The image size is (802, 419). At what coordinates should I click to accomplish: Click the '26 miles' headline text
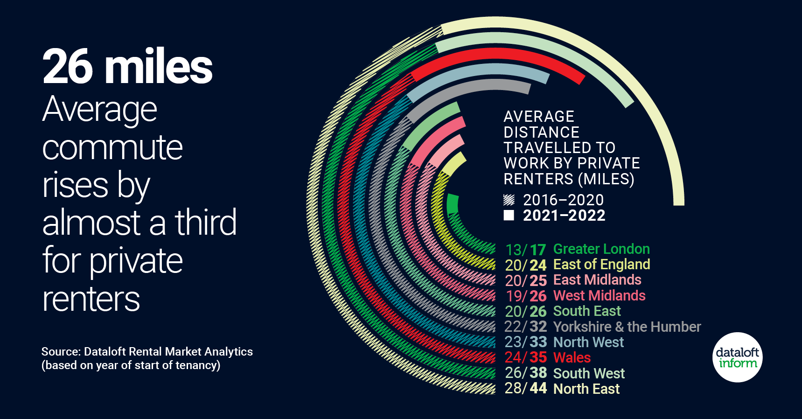pos(127,67)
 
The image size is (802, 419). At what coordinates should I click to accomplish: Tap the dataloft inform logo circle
pos(737,357)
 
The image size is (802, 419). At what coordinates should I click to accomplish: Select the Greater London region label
pos(601,249)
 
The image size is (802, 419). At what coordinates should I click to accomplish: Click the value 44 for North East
pos(538,388)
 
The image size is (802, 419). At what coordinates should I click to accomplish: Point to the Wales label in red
pos(572,358)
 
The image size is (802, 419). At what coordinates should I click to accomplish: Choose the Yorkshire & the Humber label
pos(627,327)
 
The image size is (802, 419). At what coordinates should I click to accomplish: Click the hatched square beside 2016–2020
pos(509,200)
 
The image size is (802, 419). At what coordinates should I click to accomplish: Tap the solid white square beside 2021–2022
pos(509,215)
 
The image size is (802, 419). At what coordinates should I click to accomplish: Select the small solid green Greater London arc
pos(452,204)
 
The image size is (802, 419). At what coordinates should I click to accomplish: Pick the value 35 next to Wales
pos(538,357)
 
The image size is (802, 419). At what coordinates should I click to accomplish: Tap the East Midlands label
pos(597,280)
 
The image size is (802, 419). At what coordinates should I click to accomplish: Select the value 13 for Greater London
pos(514,250)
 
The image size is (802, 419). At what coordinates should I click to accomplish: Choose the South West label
pos(588,373)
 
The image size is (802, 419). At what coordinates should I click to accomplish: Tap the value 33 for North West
pos(538,342)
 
